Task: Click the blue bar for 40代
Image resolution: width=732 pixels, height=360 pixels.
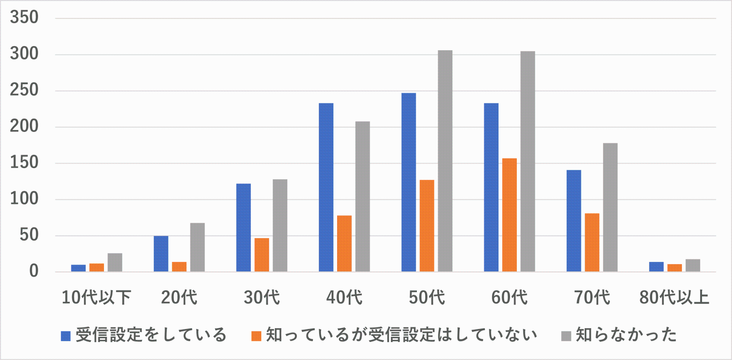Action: (x=326, y=188)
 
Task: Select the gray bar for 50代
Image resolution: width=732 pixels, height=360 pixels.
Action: (x=445, y=161)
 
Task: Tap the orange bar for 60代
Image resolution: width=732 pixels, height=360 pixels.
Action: (x=509, y=215)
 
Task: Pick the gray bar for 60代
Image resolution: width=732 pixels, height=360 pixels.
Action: (x=528, y=162)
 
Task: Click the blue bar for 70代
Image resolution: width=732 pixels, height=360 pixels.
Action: (x=574, y=221)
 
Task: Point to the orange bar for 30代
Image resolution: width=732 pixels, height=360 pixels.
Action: (x=262, y=255)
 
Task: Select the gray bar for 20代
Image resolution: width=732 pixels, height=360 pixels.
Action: (x=198, y=247)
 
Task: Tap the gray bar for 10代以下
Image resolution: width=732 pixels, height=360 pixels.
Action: (x=115, y=263)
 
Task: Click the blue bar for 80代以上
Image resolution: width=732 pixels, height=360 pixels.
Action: (x=656, y=267)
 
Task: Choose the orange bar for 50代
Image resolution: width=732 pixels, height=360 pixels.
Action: (x=427, y=226)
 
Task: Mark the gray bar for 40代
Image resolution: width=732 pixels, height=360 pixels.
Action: (x=363, y=197)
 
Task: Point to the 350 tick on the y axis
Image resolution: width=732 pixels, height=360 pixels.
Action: (x=24, y=18)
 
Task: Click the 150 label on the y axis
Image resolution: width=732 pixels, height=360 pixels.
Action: (x=24, y=163)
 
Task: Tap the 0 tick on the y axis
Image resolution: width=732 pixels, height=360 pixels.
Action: (x=34, y=271)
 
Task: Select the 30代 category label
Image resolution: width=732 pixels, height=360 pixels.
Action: (x=262, y=297)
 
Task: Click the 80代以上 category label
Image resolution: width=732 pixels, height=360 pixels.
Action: (x=674, y=297)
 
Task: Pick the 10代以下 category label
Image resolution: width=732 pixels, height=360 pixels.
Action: (x=96, y=297)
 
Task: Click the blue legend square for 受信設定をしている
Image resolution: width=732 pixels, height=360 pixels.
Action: (x=66, y=336)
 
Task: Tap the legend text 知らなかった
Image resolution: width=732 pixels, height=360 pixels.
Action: (x=626, y=335)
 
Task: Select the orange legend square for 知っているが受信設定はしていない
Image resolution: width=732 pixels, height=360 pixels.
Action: (x=256, y=336)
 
